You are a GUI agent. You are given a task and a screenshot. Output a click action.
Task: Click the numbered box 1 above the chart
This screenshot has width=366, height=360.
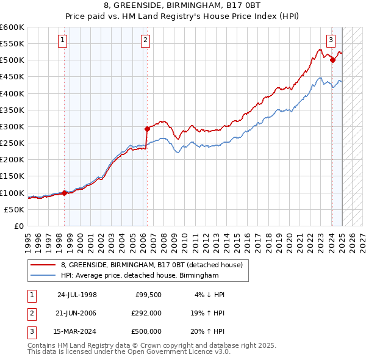[63, 41]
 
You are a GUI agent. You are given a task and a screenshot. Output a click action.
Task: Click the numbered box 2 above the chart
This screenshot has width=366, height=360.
[146, 41]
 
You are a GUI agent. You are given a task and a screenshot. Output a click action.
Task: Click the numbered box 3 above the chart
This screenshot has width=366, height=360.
[331, 41]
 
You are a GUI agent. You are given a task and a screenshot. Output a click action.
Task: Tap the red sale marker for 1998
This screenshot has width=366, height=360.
[65, 193]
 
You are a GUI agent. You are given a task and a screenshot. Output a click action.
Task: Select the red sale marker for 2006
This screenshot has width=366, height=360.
[147, 129]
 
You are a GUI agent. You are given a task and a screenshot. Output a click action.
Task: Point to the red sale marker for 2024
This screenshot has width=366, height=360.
[332, 60]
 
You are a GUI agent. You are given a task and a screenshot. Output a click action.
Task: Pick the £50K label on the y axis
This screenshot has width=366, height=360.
[14, 209]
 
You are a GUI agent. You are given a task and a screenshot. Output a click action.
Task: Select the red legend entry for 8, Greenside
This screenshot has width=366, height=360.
[152, 265]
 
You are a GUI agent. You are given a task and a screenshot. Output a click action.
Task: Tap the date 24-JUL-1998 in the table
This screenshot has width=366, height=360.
[77, 295]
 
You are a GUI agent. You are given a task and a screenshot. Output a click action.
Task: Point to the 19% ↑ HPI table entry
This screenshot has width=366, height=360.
[207, 313]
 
